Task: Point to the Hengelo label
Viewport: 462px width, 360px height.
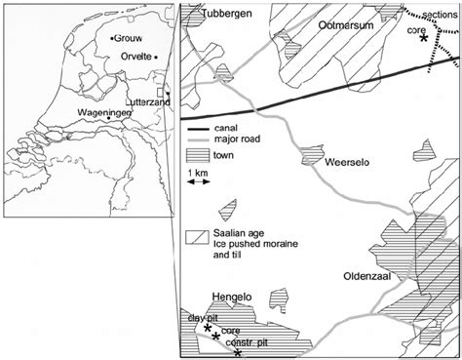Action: click(232, 298)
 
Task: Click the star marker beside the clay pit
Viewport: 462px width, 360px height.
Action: click(209, 330)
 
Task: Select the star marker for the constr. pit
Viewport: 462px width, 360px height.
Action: click(237, 352)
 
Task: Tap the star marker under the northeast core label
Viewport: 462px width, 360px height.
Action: click(422, 44)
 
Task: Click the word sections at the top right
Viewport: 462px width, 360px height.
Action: click(442, 14)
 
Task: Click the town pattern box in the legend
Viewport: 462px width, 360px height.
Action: click(197, 154)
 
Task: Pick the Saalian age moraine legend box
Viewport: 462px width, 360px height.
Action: click(197, 236)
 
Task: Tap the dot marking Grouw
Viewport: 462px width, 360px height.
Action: click(112, 37)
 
